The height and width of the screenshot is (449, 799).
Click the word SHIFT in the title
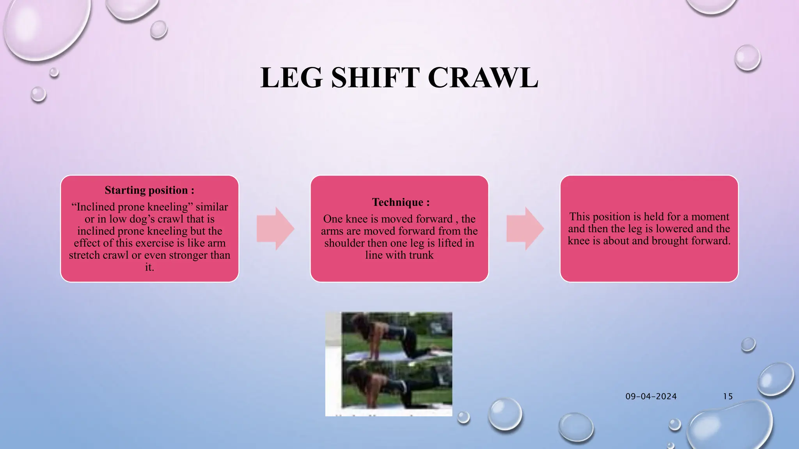(x=375, y=78)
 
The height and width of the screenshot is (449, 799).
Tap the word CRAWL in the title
(x=483, y=78)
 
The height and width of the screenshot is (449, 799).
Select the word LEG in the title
(x=291, y=78)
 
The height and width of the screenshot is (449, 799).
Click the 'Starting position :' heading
(x=149, y=190)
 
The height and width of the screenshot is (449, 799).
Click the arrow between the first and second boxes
(x=275, y=229)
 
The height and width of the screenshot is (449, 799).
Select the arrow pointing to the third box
(x=525, y=229)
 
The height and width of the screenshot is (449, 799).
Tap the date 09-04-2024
(x=651, y=396)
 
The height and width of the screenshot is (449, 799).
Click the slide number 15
(x=728, y=396)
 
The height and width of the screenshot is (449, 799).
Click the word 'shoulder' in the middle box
(x=343, y=243)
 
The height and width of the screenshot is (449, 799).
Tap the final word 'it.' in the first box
(x=149, y=267)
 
